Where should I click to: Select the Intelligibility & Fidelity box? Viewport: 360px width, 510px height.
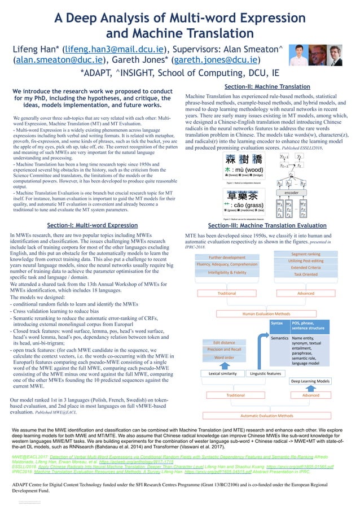tap(227, 272)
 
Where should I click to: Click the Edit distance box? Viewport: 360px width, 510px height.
tap(224, 342)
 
